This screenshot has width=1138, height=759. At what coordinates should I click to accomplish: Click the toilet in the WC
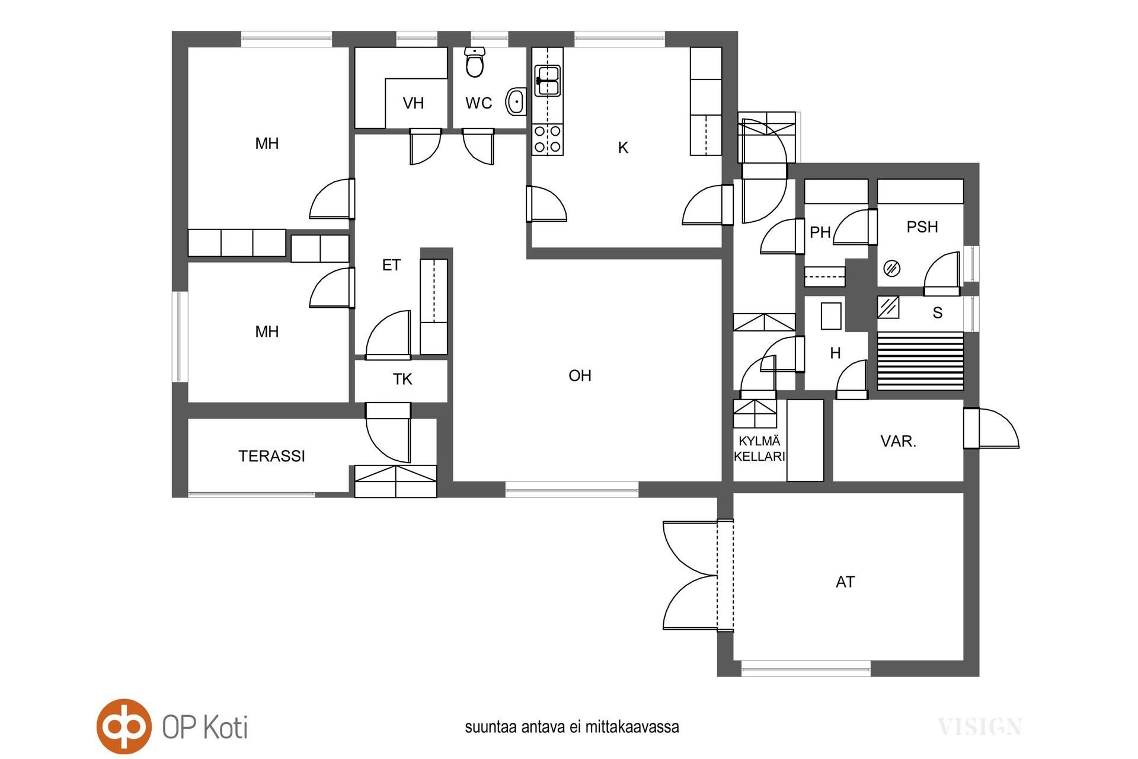coord(475,62)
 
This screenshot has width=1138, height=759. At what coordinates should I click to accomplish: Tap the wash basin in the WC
coord(516,102)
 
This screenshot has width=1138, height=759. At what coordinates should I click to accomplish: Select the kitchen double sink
coord(548,81)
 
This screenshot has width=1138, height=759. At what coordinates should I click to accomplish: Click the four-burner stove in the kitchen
coord(548,139)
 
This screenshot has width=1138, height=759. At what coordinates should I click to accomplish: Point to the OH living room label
coord(580,375)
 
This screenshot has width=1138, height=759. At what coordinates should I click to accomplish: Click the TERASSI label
coord(271,456)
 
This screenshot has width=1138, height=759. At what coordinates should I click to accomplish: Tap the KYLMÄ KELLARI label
coord(759,449)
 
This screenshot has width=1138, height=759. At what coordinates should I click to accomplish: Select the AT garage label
coord(845,582)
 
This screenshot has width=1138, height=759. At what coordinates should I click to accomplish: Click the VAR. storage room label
coord(899,441)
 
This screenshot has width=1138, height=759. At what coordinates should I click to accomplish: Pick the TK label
coord(402,379)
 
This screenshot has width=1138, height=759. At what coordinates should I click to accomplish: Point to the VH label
coord(413,103)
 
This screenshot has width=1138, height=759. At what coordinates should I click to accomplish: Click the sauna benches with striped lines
coord(920,361)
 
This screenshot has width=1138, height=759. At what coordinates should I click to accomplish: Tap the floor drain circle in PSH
coord(892,269)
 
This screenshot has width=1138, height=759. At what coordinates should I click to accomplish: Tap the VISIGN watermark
coord(980,726)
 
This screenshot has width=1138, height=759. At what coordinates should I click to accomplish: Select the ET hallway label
coord(391,265)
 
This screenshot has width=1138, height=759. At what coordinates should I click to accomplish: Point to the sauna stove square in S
coord(888,307)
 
